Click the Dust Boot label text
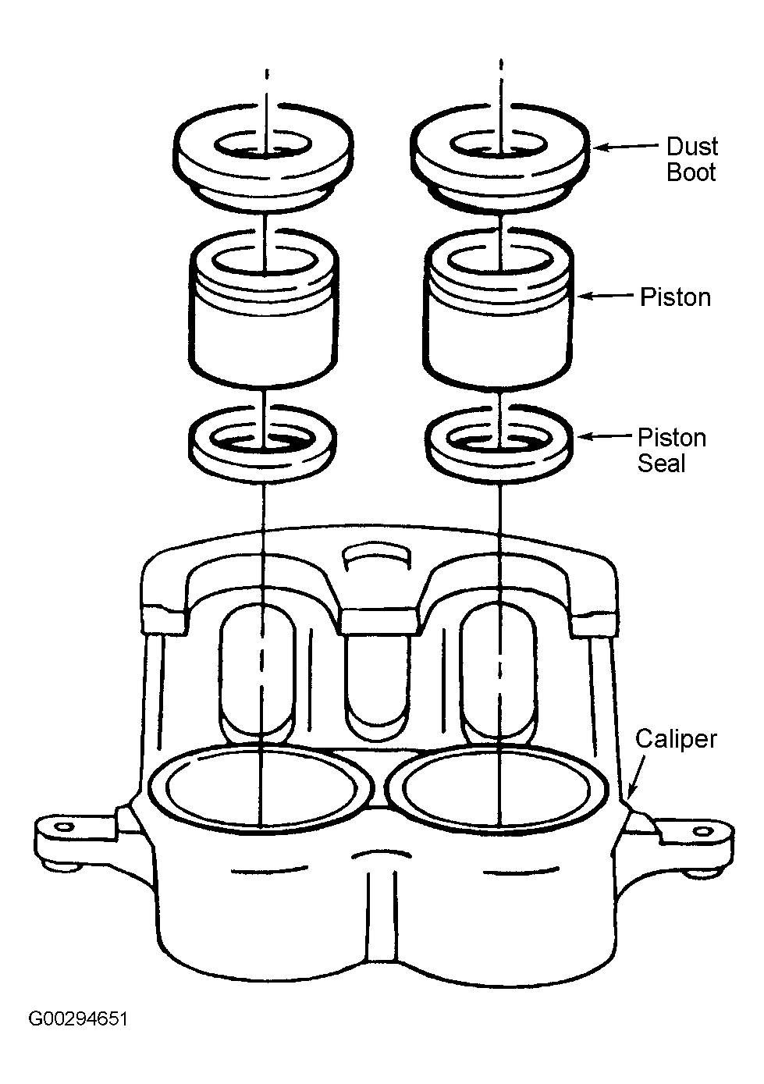[x=692, y=159]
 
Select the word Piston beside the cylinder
[x=676, y=297]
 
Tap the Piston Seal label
[x=672, y=450]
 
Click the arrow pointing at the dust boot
[x=625, y=146]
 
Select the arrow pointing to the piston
[x=605, y=296]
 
